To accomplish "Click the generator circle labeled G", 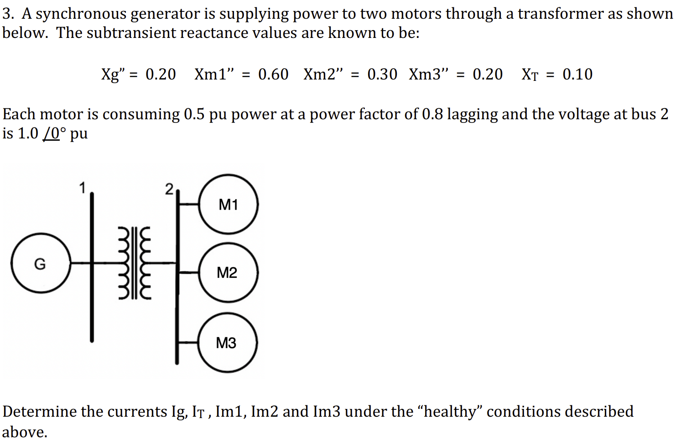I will click(x=40, y=264).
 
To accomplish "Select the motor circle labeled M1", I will click(x=229, y=204).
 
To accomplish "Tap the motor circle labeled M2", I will click(x=228, y=273).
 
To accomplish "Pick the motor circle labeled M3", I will click(x=227, y=343).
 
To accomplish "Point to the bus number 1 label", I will click(x=82, y=188).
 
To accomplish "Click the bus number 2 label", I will click(x=169, y=189).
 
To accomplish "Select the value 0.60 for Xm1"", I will click(x=273, y=74).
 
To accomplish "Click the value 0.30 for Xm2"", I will click(x=382, y=74).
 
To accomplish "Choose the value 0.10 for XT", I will click(x=577, y=74).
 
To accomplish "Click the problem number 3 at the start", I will click(x=7, y=14).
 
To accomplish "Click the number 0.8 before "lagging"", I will click(x=432, y=114).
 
